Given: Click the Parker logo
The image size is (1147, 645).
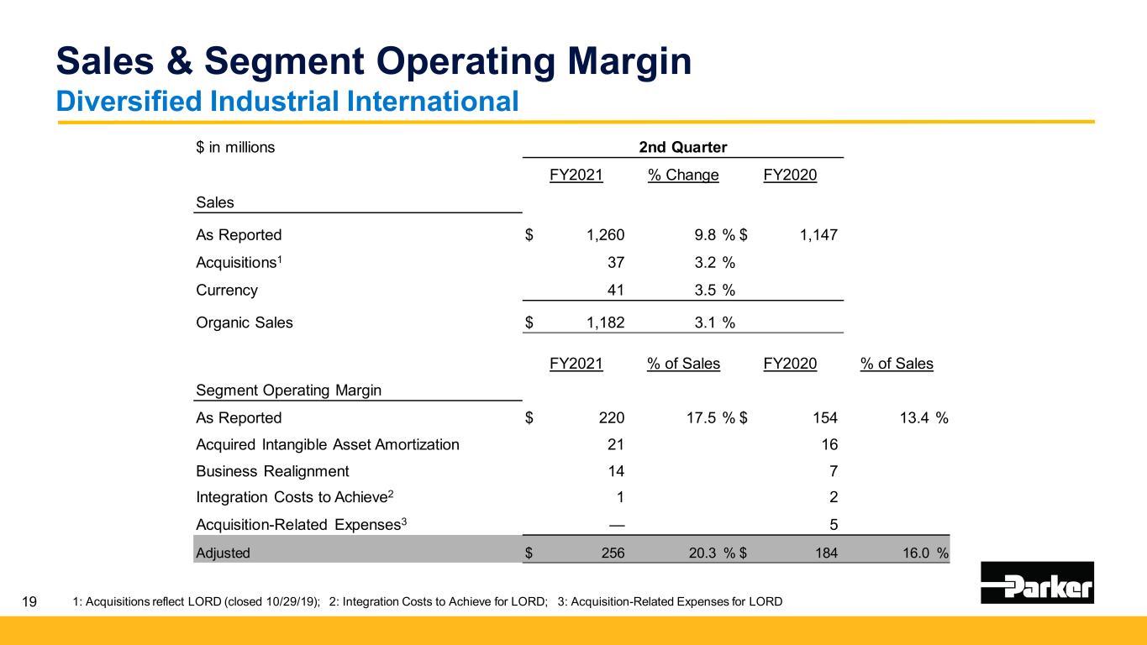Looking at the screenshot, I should point(1037,582).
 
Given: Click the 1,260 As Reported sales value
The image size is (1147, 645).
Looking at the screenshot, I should point(606,235).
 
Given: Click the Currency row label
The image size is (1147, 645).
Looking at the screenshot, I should point(227,291).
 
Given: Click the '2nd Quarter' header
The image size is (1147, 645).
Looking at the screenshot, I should point(682,147).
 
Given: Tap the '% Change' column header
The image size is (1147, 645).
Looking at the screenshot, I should point(683,176).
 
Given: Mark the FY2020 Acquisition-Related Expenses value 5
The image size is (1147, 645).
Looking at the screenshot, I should point(833,525).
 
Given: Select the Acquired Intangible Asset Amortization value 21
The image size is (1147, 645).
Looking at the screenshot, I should point(616,444).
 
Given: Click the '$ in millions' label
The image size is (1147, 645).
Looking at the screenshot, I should point(235,148).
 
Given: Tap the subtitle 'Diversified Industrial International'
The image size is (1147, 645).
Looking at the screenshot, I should point(286,101).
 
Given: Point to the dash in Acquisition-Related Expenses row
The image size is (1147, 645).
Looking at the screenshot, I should point(616,525).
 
